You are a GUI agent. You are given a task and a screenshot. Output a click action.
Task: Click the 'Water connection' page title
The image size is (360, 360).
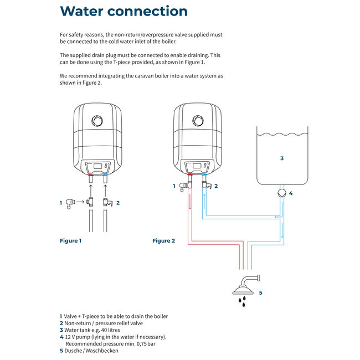coord(124,12)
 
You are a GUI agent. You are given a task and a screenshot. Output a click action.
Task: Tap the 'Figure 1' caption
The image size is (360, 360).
coord(70,241)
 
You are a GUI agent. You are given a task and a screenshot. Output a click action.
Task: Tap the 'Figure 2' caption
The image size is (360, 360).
coord(163,241)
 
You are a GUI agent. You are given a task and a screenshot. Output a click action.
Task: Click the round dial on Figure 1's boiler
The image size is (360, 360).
coord(98,120)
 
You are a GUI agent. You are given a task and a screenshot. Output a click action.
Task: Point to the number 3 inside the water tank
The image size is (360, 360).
coord(281,158)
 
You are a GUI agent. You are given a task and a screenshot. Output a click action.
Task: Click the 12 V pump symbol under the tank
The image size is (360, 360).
coord(282,193)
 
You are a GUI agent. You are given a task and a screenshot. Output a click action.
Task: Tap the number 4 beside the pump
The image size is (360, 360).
coord(291,194)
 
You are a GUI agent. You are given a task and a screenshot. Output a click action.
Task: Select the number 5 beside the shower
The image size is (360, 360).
coord(260,292)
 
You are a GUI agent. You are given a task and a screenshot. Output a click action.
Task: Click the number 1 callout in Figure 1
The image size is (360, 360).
coord(61,203)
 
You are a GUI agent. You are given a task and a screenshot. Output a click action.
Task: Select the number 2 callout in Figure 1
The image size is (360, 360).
coord(118,203)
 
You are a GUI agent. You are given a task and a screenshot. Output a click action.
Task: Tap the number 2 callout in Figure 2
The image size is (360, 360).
coord(216,187)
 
